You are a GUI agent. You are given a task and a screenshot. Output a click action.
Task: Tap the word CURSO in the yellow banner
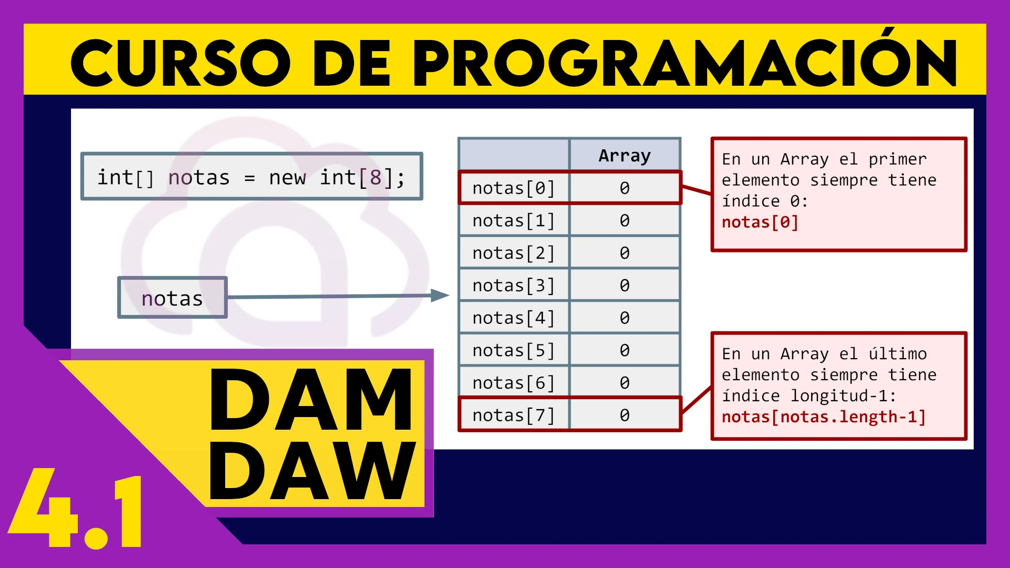tap(180, 63)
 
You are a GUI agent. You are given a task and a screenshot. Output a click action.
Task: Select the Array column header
tap(624, 156)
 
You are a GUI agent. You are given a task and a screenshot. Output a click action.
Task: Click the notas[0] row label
tap(513, 188)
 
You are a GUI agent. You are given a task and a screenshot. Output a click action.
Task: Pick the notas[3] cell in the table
tap(513, 286)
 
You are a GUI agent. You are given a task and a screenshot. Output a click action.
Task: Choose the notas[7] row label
tap(513, 415)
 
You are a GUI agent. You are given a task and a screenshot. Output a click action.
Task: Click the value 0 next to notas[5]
tap(624, 350)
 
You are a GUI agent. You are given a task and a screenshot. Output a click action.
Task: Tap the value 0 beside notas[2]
tap(624, 253)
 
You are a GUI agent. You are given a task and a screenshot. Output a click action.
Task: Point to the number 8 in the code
tap(375, 178)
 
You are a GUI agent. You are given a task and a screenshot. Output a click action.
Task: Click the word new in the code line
tap(287, 178)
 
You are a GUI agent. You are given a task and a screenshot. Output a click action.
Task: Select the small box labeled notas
tap(173, 298)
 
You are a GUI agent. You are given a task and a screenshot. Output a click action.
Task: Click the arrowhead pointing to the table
tap(440, 295)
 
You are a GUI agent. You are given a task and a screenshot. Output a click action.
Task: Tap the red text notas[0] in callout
tap(760, 222)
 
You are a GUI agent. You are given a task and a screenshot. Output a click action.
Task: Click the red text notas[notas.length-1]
tap(824, 417)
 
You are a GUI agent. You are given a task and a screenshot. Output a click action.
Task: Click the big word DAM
tap(311, 399)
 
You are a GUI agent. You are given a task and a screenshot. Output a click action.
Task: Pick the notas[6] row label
tap(513, 383)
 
